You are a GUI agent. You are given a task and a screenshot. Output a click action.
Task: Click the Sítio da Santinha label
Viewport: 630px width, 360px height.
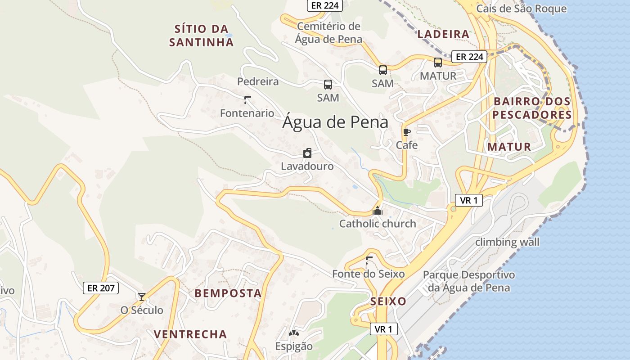pos(202,36)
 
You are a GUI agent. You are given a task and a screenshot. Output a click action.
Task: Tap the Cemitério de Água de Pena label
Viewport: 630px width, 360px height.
pos(328,33)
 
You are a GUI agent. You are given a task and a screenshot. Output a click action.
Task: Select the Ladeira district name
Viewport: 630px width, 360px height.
pos(443,34)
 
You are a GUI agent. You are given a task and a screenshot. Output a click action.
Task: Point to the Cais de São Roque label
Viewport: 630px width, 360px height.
pos(522,9)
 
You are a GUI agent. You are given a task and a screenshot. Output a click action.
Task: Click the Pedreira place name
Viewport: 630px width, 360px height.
pos(258,81)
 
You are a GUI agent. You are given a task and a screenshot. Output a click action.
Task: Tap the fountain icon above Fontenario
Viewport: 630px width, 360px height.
pos(247,99)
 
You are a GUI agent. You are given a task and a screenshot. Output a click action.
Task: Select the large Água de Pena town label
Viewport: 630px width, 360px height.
pos(335,122)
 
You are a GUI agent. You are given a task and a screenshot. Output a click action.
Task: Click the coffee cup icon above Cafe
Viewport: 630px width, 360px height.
pos(407,132)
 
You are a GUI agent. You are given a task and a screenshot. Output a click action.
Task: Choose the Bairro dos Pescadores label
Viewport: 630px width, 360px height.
pos(532,108)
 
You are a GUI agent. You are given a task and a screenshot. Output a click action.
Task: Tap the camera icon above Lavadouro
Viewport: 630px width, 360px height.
pos(307,153)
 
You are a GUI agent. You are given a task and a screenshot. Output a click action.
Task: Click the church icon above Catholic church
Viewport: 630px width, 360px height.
pos(377,210)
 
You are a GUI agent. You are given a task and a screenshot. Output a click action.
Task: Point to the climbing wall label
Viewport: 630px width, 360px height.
pos(507,242)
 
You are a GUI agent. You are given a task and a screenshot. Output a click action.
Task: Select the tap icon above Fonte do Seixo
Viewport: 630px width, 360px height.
pos(369,260)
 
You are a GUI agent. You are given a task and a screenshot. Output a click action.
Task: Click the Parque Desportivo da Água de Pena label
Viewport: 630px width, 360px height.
pos(468,281)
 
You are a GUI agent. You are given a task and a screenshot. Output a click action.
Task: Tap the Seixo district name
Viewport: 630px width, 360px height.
pos(388,301)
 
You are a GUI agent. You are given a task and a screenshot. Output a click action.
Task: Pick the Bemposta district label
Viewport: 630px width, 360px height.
pos(228,293)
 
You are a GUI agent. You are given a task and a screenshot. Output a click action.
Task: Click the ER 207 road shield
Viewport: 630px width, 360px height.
pos(101,288)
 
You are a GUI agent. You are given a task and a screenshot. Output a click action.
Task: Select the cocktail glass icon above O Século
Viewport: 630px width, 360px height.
pos(142,297)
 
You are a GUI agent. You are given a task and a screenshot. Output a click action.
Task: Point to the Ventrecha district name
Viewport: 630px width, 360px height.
pos(190,334)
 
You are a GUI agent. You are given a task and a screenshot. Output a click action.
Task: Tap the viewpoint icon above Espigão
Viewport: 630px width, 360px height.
pos(294,333)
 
